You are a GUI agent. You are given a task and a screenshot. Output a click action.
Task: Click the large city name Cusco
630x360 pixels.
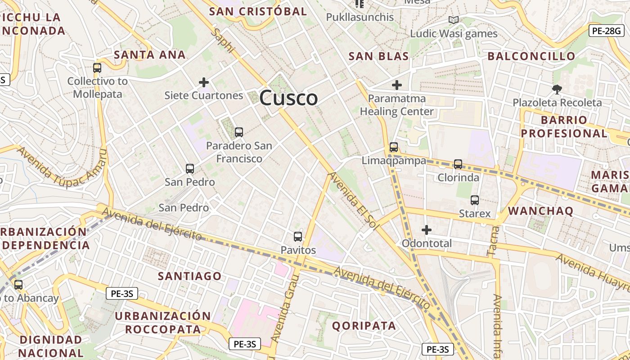click(288, 98)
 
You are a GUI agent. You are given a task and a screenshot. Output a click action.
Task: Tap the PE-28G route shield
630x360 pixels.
click(606, 31)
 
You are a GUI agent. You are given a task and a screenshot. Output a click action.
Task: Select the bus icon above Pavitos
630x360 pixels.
click(297, 236)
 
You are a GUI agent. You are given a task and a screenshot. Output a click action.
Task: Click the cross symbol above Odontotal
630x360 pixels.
click(426, 230)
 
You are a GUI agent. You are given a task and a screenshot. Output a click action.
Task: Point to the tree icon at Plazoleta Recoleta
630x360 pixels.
click(557, 89)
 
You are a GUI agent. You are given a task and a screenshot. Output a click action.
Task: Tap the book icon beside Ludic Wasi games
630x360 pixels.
click(453, 20)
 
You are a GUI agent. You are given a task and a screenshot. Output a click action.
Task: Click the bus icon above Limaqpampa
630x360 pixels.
click(393, 147)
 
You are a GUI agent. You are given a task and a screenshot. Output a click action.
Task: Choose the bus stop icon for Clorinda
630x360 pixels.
click(458, 164)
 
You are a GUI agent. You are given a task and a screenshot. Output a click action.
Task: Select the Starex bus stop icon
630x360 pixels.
click(474, 200)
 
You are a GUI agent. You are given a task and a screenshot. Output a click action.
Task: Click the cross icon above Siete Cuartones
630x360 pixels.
click(204, 82)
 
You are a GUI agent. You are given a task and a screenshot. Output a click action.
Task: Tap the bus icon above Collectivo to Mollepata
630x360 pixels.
click(97, 68)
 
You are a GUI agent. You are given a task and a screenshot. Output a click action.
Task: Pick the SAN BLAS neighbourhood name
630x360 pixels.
click(378, 56)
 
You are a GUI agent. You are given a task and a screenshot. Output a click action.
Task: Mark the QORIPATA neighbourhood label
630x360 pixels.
click(364, 326)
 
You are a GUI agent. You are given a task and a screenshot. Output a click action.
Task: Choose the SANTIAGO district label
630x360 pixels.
click(189, 276)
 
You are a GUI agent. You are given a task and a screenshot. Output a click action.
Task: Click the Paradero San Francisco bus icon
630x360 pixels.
click(238, 132)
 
